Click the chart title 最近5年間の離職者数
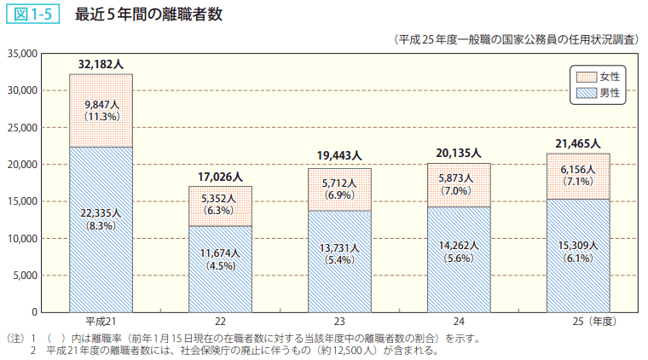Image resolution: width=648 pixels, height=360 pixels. click(x=149, y=15)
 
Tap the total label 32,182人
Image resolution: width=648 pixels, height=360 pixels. click(x=101, y=63)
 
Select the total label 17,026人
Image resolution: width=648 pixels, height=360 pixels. click(x=220, y=177)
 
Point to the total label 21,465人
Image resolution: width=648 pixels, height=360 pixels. click(x=577, y=143)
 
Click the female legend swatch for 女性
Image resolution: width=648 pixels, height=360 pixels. click(x=587, y=77)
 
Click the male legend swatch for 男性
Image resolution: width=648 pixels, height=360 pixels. click(x=587, y=92)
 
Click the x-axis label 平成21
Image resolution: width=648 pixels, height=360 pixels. click(x=101, y=322)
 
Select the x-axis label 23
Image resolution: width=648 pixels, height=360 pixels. click(x=339, y=322)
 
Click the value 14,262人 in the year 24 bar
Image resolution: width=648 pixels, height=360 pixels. click(x=459, y=244)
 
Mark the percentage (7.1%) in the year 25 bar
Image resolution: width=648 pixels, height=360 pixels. click(x=577, y=182)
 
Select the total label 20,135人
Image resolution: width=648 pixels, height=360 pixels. click(x=459, y=153)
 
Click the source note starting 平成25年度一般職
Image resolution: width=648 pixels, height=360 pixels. click(x=515, y=39)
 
